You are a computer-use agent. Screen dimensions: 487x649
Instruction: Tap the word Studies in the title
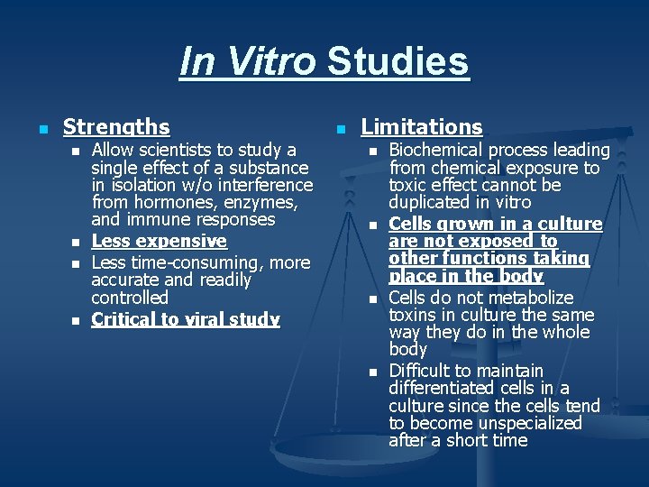(x=398, y=62)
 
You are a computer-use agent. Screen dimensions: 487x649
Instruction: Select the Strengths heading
(x=116, y=127)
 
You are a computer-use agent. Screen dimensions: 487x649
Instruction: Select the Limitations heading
(x=422, y=127)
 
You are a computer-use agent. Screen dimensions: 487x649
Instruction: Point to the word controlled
(x=130, y=298)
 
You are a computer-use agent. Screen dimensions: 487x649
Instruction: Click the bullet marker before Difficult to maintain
(x=372, y=372)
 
